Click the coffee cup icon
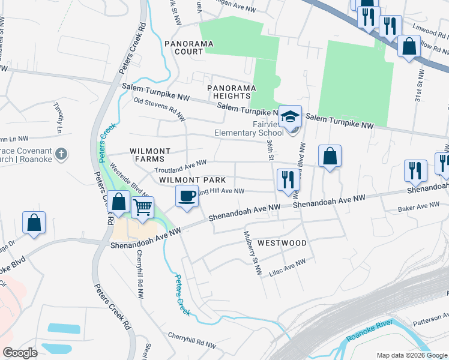point(187,196)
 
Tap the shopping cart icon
point(142,208)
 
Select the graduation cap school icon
point(291,115)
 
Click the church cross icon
point(60,154)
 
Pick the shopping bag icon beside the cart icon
point(119,203)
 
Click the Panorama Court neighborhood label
point(185,47)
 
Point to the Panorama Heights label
point(228,92)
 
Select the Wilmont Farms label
point(150,155)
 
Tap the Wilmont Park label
point(192,180)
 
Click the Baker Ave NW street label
point(418,208)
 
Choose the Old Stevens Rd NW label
point(158,109)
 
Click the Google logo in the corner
point(20,353)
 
